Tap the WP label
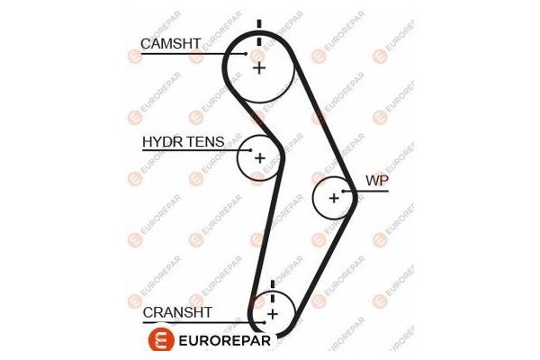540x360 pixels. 375,180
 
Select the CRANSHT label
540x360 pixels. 177,312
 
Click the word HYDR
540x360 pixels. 161,142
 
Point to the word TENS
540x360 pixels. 205,142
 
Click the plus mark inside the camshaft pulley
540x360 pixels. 259,67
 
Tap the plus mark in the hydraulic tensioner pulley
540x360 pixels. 259,158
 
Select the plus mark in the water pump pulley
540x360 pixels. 334,197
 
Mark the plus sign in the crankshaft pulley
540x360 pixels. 271,314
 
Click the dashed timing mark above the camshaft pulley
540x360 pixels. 259,31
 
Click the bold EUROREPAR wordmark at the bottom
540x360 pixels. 223,341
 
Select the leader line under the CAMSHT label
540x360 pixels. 189,54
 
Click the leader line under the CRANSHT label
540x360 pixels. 198,321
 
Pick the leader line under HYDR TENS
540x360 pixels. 193,151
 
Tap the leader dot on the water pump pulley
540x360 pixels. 343,192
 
